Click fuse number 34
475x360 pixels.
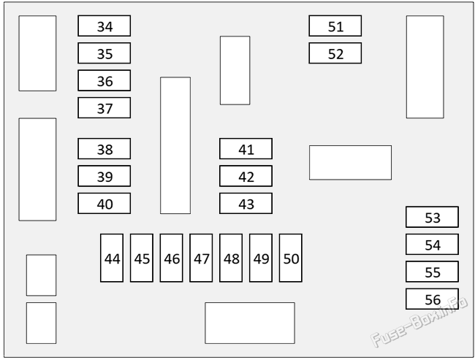(x=104, y=26)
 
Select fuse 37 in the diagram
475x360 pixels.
(x=104, y=108)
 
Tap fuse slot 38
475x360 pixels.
(x=104, y=149)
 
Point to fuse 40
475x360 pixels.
(x=104, y=204)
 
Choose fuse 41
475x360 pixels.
(x=246, y=149)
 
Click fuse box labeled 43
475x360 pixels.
(x=246, y=204)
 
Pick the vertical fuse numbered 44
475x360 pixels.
(x=112, y=258)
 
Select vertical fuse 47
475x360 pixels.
(x=201, y=258)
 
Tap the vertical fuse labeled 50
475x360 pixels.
(x=291, y=258)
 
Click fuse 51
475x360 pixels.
(x=335, y=26)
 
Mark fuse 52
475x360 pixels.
(x=335, y=53)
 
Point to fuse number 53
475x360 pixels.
(x=432, y=217)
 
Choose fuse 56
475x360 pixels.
(x=432, y=299)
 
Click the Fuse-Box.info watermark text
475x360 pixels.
(x=419, y=322)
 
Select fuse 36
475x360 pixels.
(x=104, y=80)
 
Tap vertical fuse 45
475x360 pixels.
(x=142, y=258)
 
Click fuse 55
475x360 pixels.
(x=432, y=272)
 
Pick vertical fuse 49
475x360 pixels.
(x=261, y=258)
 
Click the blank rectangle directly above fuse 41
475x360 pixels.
(x=235, y=71)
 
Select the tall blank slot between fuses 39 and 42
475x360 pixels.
(x=175, y=145)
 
